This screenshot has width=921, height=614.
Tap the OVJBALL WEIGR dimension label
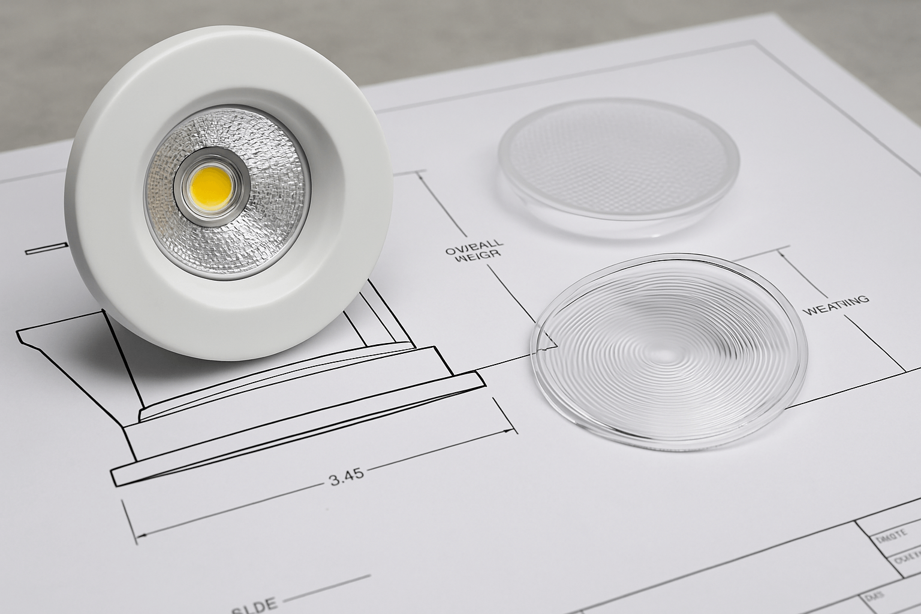[474, 250]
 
